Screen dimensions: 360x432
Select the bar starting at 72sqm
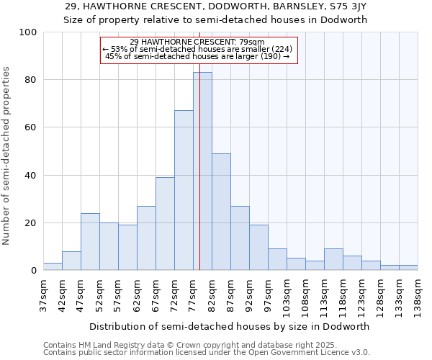click(x=184, y=190)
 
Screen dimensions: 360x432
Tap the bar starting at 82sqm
click(x=221, y=212)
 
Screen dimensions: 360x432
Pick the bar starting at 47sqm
click(x=90, y=242)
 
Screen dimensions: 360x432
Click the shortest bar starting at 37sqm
click(x=53, y=266)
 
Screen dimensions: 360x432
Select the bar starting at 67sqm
click(x=165, y=223)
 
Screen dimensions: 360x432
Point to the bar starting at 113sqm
click(x=333, y=259)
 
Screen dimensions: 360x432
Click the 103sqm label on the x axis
click(x=287, y=295)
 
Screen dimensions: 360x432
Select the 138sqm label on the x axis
click(x=418, y=295)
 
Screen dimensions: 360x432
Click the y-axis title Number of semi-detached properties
click(x=7, y=156)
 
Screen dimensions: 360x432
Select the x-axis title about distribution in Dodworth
click(x=230, y=326)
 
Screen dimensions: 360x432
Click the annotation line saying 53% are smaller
click(x=198, y=49)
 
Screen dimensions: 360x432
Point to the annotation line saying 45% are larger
click(x=198, y=56)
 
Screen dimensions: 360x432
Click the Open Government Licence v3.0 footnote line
click(x=207, y=353)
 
